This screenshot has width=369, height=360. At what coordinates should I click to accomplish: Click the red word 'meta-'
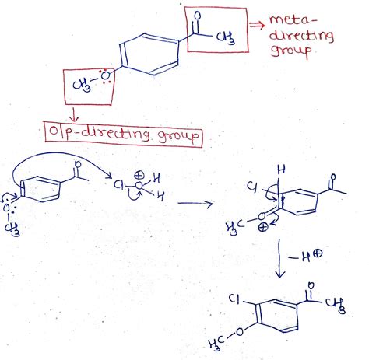293,19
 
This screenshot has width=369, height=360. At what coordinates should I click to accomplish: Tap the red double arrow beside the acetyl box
257,25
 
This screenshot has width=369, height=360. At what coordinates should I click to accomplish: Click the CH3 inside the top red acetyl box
226,38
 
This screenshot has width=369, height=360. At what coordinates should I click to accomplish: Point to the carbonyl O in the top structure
198,16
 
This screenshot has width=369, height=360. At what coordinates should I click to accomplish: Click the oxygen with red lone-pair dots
105,75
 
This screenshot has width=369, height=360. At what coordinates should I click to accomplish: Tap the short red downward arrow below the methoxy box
74,114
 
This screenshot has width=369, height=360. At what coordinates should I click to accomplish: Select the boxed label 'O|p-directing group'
124,135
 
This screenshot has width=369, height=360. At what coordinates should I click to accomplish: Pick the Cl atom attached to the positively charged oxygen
118,184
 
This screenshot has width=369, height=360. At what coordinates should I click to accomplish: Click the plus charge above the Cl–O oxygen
139,176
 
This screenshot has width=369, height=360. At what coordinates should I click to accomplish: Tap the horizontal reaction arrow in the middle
195,204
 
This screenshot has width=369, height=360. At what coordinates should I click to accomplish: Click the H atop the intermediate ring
281,170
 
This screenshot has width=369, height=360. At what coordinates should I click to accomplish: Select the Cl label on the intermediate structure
251,187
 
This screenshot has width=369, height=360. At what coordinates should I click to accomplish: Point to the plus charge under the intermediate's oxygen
263,227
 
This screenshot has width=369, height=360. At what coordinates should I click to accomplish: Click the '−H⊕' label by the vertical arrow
305,256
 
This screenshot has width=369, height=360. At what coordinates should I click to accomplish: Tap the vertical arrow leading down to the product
279,258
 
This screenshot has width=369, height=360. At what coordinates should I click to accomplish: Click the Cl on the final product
234,299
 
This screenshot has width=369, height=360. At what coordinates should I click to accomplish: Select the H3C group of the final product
216,344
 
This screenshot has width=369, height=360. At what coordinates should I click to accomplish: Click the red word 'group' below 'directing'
291,51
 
